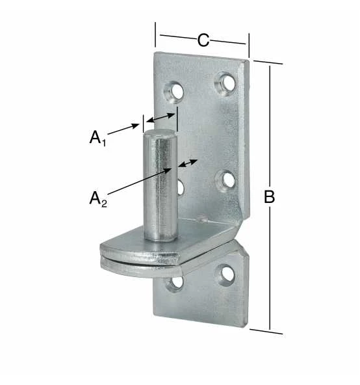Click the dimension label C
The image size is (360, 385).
click(203, 40)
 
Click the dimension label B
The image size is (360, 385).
click(269, 196)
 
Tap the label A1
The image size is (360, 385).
click(97, 138)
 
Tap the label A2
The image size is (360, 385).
click(98, 199)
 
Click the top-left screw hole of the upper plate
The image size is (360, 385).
click(174, 91)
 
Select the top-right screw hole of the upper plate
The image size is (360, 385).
click(225, 82)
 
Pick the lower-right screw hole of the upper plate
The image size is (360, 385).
click(225, 181)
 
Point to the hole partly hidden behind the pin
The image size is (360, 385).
click(181, 188)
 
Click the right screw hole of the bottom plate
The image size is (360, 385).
click(226, 274)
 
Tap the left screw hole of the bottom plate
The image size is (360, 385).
click(175, 283)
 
